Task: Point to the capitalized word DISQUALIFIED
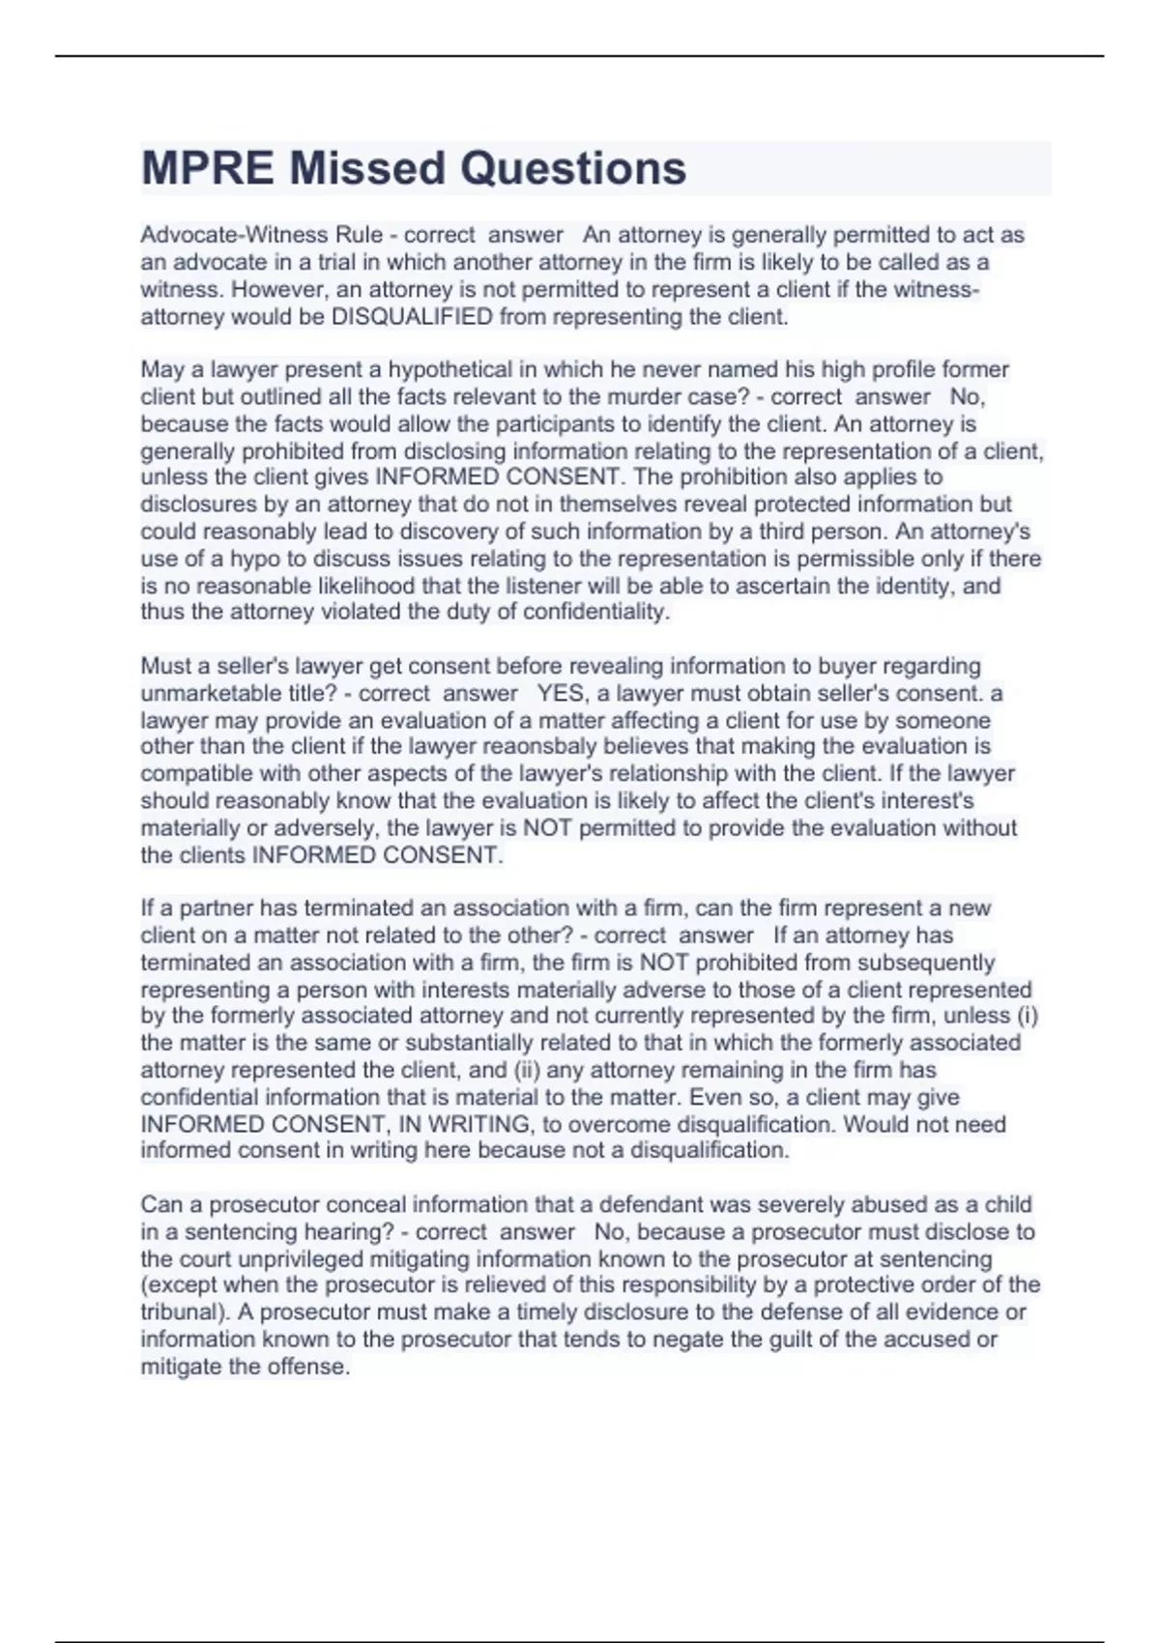[x=412, y=317]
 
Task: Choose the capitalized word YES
[x=561, y=693]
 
